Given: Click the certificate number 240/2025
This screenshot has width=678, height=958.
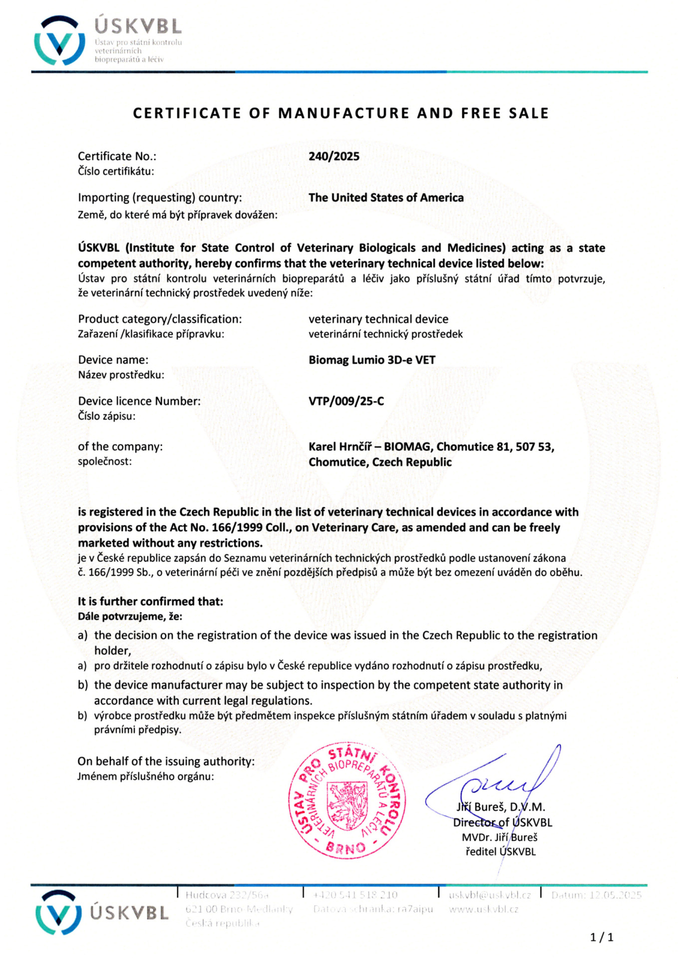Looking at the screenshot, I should tap(334, 156).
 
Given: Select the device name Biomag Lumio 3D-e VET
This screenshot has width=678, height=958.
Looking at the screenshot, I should tap(372, 360).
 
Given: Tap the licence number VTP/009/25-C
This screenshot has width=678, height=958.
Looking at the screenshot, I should tap(346, 401).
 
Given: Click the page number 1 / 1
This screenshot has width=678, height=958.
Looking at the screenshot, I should tap(602, 938).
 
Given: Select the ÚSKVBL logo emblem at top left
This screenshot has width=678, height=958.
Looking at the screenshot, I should tap(59, 40).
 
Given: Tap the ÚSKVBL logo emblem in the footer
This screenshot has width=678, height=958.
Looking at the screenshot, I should tap(58, 912).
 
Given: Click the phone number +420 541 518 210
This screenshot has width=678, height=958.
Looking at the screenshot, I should tap(355, 895).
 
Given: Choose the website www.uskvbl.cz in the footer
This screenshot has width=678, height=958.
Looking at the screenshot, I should tap(483, 909).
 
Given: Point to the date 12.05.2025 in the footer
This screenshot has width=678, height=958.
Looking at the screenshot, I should tap(615, 895).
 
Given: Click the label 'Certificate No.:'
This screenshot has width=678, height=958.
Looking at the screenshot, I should tap(117, 156).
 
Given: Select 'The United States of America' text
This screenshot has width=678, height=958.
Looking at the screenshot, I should tap(386, 198).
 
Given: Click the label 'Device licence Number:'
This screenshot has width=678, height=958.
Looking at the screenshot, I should tap(139, 401).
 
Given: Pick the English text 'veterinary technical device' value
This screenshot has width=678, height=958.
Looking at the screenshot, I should tap(378, 319).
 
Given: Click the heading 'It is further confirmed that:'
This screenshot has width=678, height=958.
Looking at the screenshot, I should tap(150, 601).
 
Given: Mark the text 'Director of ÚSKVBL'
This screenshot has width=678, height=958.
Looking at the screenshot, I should tap(502, 822).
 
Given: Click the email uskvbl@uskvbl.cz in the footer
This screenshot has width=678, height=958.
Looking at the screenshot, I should tap(489, 895).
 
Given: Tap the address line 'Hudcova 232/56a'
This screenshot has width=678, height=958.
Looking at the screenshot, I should tap(227, 895).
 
